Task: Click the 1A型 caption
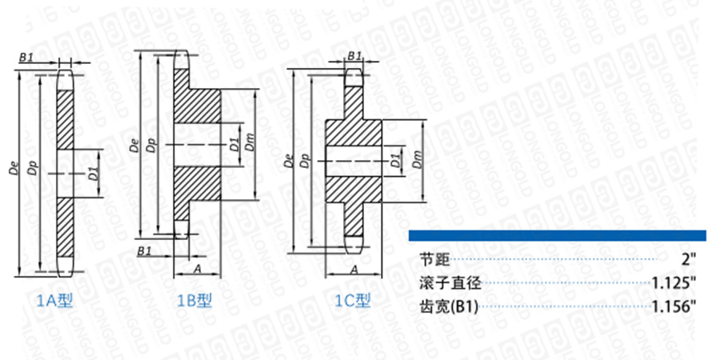pyautogui.click(x=57, y=302)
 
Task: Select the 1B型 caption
pyautogui.click(x=194, y=302)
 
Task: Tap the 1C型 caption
pyautogui.click(x=353, y=302)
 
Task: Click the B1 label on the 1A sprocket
pyautogui.click(x=26, y=58)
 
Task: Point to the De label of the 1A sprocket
pyautogui.click(x=14, y=169)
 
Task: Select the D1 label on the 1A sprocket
pyautogui.click(x=93, y=171)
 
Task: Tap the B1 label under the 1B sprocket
pyautogui.click(x=145, y=251)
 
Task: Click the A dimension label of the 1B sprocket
pyautogui.click(x=196, y=270)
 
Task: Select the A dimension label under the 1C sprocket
pyautogui.click(x=353, y=270)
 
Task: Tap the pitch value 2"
pyautogui.click(x=691, y=260)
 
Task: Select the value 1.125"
pyautogui.click(x=675, y=283)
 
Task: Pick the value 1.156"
pyautogui.click(x=675, y=306)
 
